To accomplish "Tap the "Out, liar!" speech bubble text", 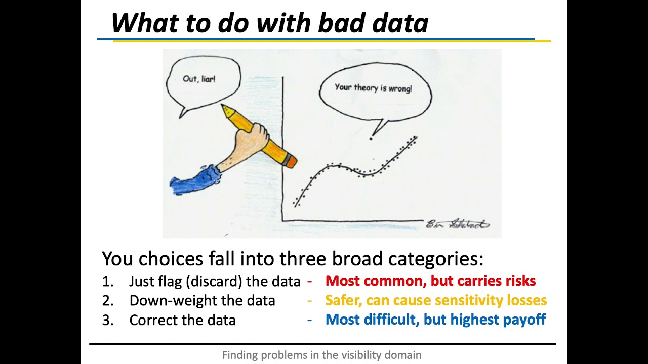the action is point(199,79).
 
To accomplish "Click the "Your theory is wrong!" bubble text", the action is point(373,88).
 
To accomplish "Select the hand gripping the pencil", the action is point(251,138).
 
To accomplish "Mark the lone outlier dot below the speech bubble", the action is point(371,139).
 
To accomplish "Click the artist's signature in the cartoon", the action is point(458,224).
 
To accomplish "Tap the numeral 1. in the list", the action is point(108,282).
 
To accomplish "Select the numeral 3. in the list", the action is point(108,321).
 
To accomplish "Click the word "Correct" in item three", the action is point(153,320).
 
